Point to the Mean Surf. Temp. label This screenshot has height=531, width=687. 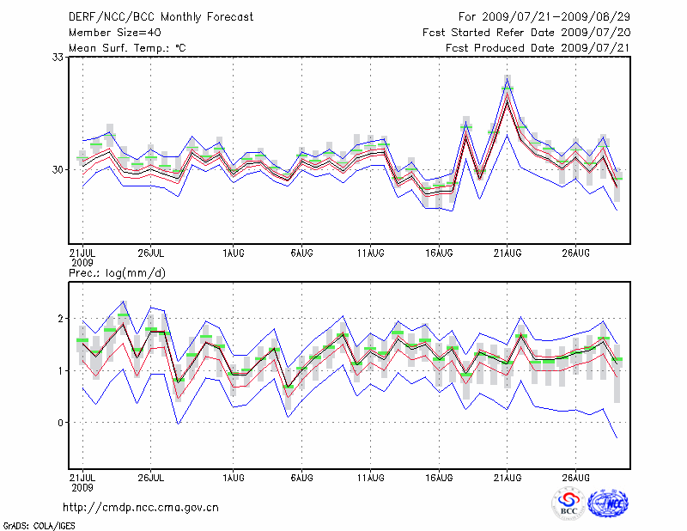(127, 47)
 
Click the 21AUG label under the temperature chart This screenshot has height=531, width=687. (508, 253)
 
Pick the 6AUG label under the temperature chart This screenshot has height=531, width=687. (301, 253)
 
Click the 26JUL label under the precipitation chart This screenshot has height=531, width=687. (151, 477)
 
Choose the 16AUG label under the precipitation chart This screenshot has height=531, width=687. (439, 477)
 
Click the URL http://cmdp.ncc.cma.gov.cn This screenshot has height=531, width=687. (141, 507)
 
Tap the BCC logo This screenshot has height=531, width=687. (568, 504)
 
